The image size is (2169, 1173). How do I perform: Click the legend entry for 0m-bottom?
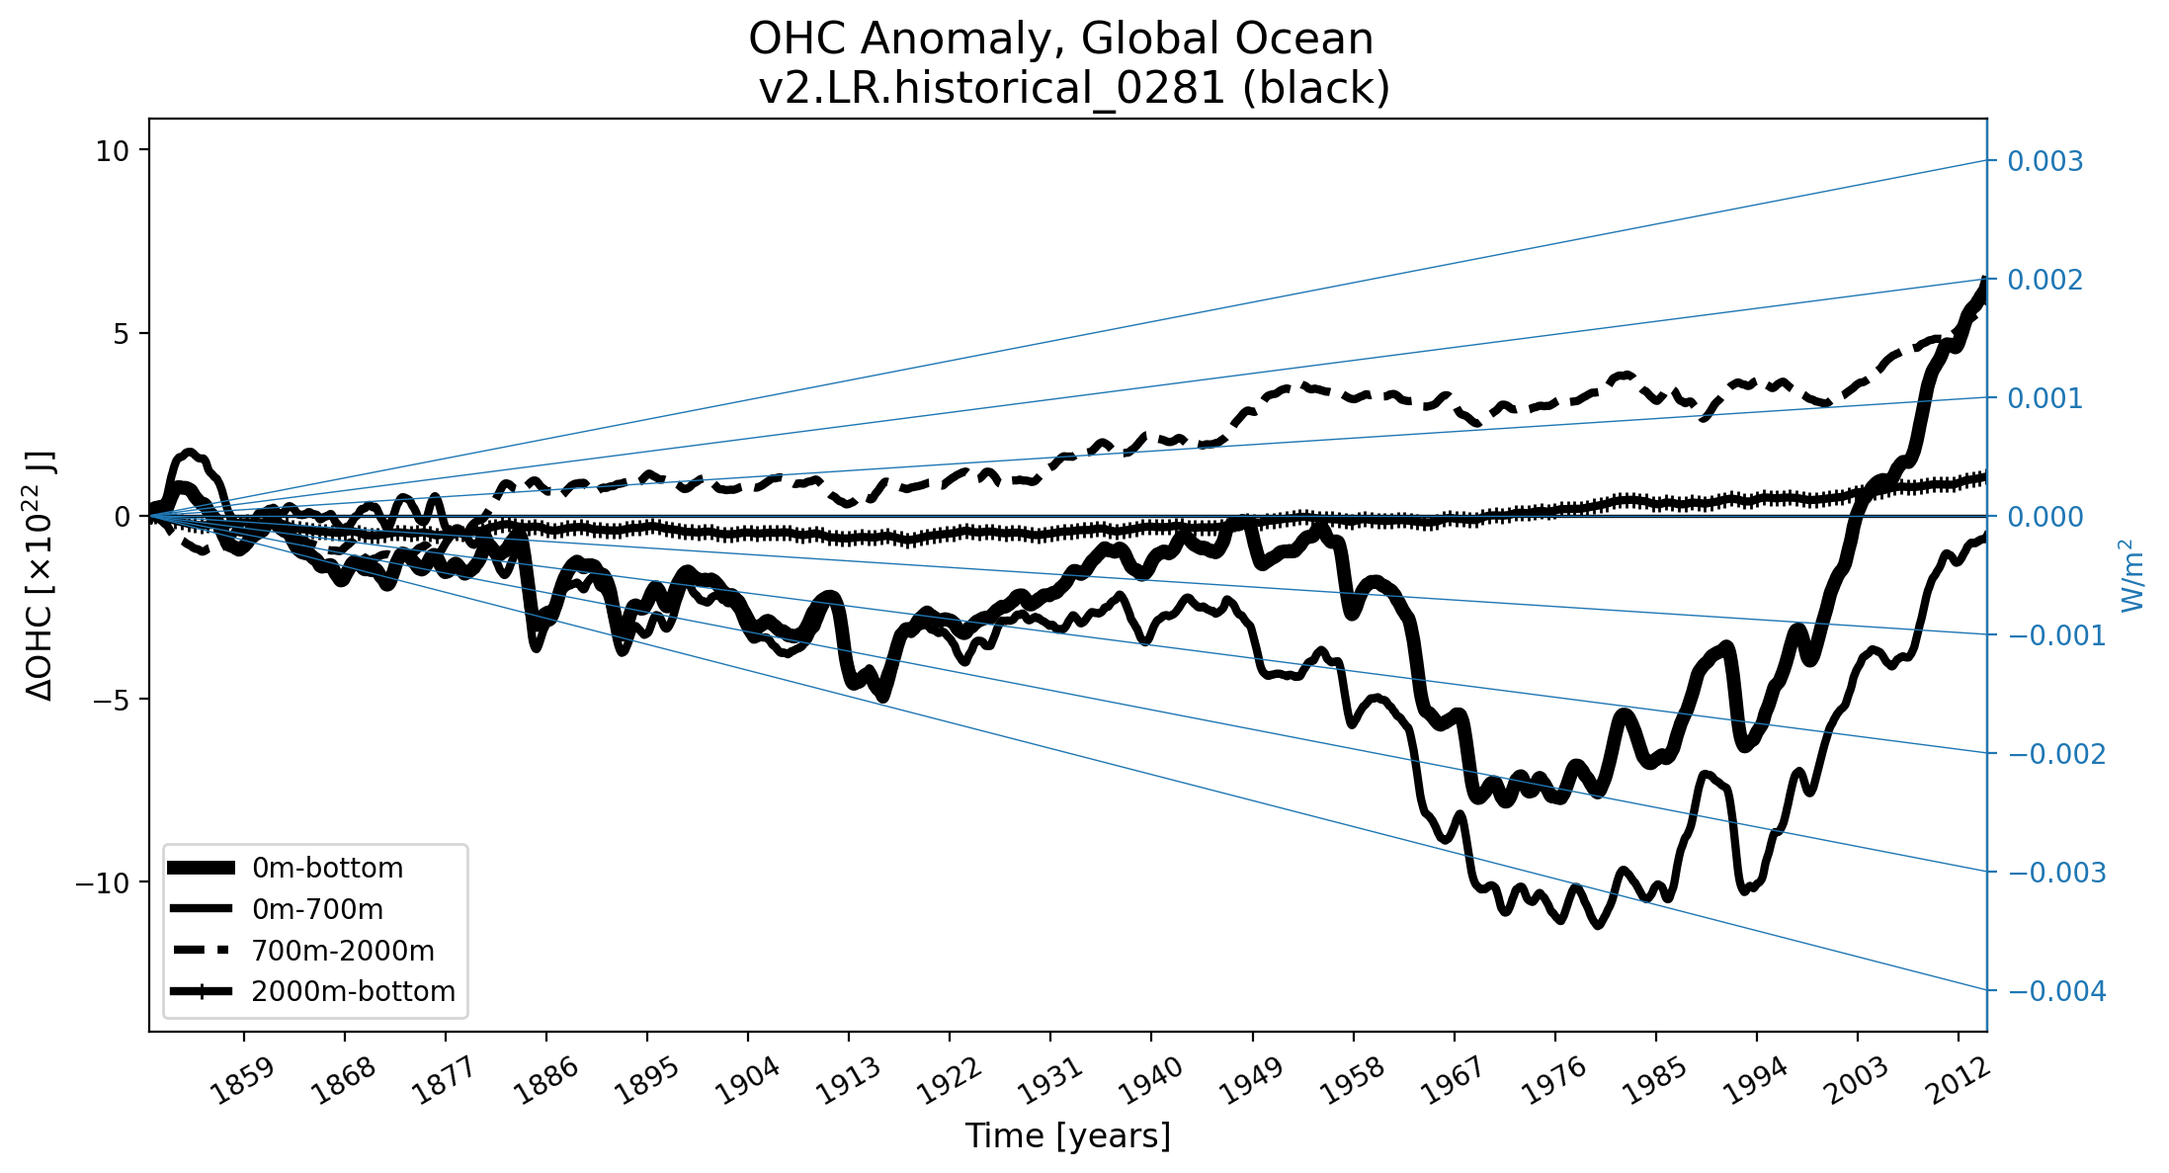327,869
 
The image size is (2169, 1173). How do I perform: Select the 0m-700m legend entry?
317,909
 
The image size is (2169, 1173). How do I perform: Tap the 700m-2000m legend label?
342,951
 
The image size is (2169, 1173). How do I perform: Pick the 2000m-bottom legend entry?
353,991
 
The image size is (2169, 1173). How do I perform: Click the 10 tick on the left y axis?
114,150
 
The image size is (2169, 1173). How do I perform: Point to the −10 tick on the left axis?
103,882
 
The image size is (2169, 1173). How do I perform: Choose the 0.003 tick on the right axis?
2044,161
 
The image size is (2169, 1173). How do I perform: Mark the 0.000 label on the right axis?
2044,517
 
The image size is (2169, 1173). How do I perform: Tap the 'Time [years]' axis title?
1067,1135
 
